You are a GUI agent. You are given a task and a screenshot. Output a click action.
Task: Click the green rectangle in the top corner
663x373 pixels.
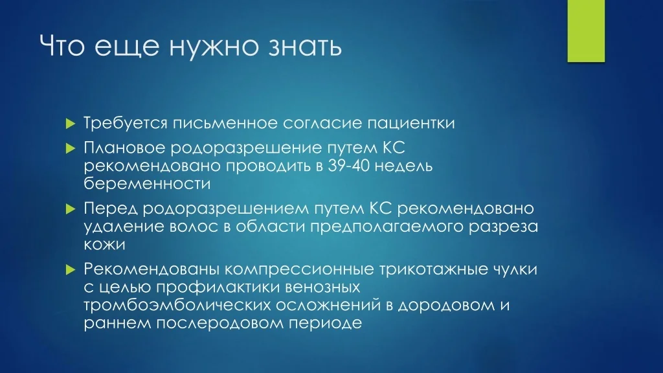pyautogui.click(x=586, y=31)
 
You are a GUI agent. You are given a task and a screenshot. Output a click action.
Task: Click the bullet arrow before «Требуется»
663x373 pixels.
pyautogui.click(x=71, y=124)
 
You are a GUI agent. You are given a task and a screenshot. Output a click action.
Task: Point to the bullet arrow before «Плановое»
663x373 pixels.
pyautogui.click(x=71, y=148)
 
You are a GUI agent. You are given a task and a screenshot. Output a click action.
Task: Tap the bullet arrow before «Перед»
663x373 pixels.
pyautogui.click(x=71, y=209)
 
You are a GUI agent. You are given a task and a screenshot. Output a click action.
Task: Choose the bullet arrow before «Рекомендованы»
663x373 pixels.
pyautogui.click(x=71, y=269)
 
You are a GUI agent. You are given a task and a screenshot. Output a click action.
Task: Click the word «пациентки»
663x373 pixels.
pyautogui.click(x=410, y=124)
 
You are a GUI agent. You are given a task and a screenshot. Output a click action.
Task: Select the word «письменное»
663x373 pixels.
pyautogui.click(x=225, y=124)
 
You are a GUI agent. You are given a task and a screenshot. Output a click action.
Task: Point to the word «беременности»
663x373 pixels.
pyautogui.click(x=147, y=183)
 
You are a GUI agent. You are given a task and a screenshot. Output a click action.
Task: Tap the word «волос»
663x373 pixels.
pyautogui.click(x=194, y=226)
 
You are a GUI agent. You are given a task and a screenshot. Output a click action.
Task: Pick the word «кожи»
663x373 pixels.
pyautogui.click(x=104, y=244)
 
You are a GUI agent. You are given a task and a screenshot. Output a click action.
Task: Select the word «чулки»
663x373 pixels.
pyautogui.click(x=515, y=269)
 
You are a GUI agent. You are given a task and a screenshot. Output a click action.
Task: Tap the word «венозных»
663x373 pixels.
pyautogui.click(x=322, y=287)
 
